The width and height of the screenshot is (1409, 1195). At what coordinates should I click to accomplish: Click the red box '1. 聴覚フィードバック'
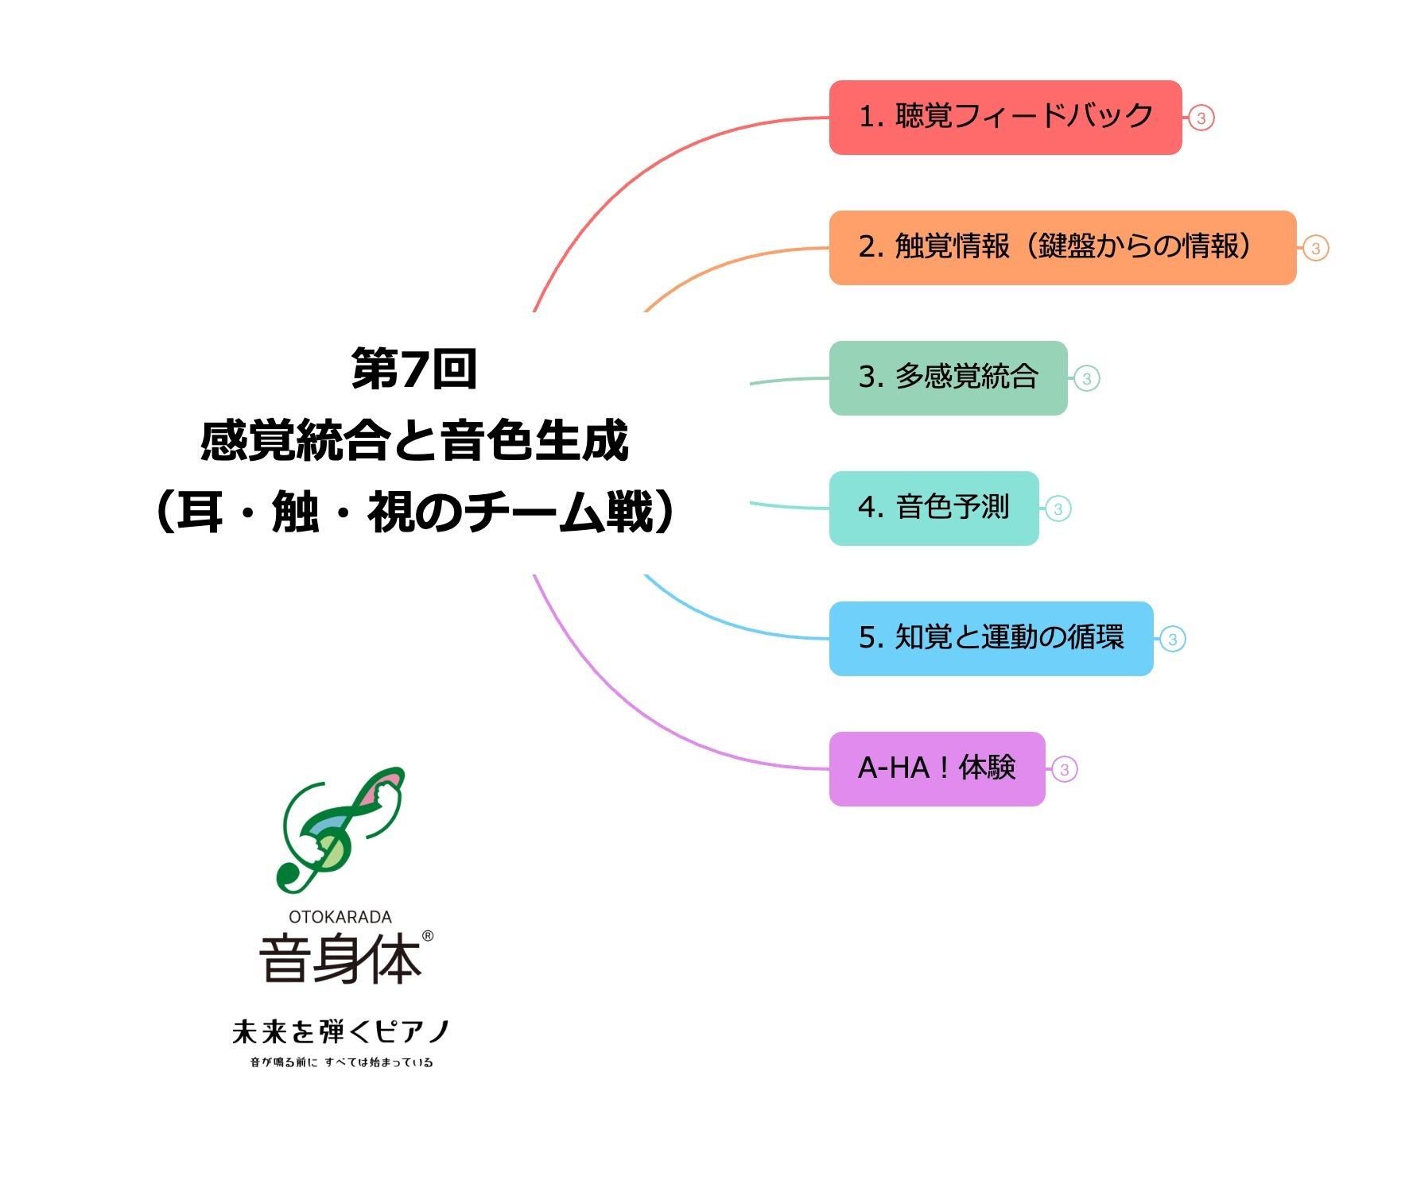[1005, 118]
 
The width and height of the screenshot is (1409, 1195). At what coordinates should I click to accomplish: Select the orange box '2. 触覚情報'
[1062, 248]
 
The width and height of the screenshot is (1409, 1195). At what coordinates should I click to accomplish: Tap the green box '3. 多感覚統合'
[948, 378]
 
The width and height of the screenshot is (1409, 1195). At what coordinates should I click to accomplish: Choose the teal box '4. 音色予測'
[934, 509]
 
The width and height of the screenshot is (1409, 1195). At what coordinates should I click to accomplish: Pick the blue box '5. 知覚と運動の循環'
[991, 639]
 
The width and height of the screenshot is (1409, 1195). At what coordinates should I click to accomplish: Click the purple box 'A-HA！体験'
[937, 769]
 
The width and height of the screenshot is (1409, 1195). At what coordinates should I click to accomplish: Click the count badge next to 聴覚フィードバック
[1201, 118]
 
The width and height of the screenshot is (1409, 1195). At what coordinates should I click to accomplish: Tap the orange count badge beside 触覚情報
[1315, 249]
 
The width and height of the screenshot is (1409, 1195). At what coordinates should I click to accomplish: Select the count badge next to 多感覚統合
[1086, 379]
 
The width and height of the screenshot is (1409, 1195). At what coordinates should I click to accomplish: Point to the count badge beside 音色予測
[1058, 509]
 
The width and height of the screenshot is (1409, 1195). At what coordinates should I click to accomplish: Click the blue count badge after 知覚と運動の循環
[1172, 640]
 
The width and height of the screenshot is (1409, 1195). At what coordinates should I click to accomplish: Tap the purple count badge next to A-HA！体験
[1064, 770]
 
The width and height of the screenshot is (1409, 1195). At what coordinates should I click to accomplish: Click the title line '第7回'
[413, 370]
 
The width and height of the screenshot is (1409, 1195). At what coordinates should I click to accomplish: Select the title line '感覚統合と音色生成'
[413, 441]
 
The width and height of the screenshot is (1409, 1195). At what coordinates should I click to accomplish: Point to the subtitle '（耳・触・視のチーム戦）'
[413, 512]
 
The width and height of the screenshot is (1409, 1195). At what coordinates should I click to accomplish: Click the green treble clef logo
[340, 830]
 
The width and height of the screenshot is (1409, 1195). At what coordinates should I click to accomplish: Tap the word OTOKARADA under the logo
[340, 917]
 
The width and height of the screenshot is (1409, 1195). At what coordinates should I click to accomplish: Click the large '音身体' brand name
[340, 960]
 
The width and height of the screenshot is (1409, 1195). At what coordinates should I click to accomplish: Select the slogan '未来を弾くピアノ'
[340, 1031]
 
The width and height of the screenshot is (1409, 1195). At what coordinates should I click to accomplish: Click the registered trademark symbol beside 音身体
[427, 936]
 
